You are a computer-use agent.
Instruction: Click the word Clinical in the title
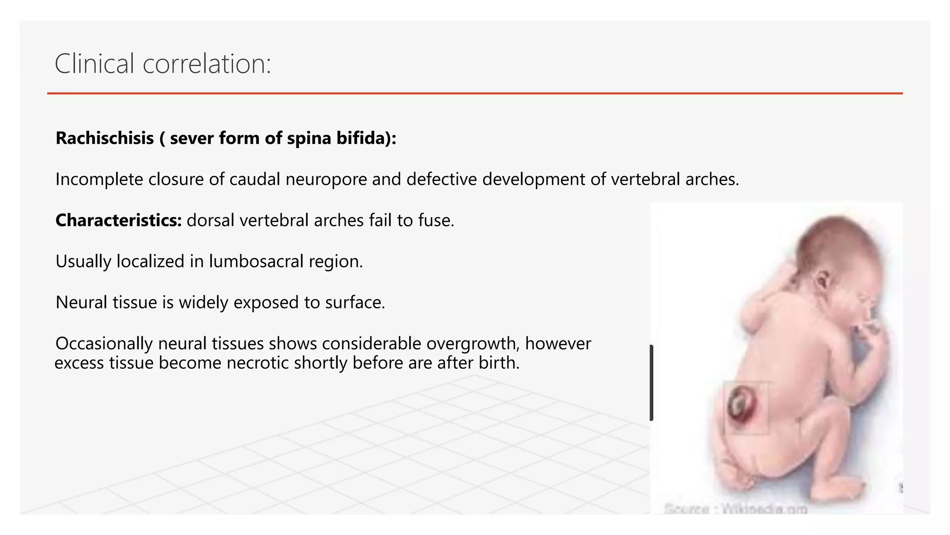95,64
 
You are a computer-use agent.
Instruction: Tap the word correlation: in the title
206,64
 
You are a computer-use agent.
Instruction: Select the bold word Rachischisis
105,138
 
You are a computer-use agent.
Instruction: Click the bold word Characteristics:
119,220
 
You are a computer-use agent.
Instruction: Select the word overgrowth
471,344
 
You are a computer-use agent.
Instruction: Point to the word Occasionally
104,344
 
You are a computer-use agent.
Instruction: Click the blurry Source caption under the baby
736,509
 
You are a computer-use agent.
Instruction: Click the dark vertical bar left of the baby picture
652,383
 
